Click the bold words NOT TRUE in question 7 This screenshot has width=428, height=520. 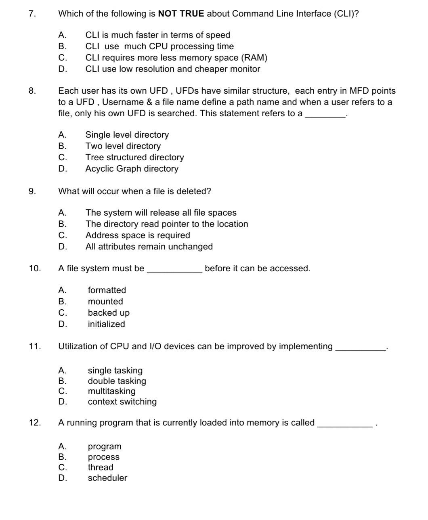pos(181,14)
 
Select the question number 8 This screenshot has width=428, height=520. pos(32,91)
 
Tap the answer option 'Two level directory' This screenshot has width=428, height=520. pos(123,146)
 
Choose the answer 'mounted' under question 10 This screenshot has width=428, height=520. pos(105,302)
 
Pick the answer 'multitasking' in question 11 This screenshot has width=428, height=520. pos(112,391)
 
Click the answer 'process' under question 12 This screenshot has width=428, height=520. pos(104,457)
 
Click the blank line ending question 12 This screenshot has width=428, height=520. pos(345,426)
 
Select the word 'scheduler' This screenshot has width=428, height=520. pos(107,478)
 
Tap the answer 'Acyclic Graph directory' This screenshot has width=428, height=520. pos(132,169)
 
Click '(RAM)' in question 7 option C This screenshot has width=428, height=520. pos(254,58)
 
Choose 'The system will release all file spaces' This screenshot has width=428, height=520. pos(161,213)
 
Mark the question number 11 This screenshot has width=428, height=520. pos(35,346)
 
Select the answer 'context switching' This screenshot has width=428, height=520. pos(122,402)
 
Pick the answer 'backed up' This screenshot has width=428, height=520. pos(109,313)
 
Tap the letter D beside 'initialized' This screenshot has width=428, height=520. pos(62,324)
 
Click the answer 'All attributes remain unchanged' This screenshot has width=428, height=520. pos(149,247)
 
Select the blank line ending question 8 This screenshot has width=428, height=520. pos(325,116)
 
